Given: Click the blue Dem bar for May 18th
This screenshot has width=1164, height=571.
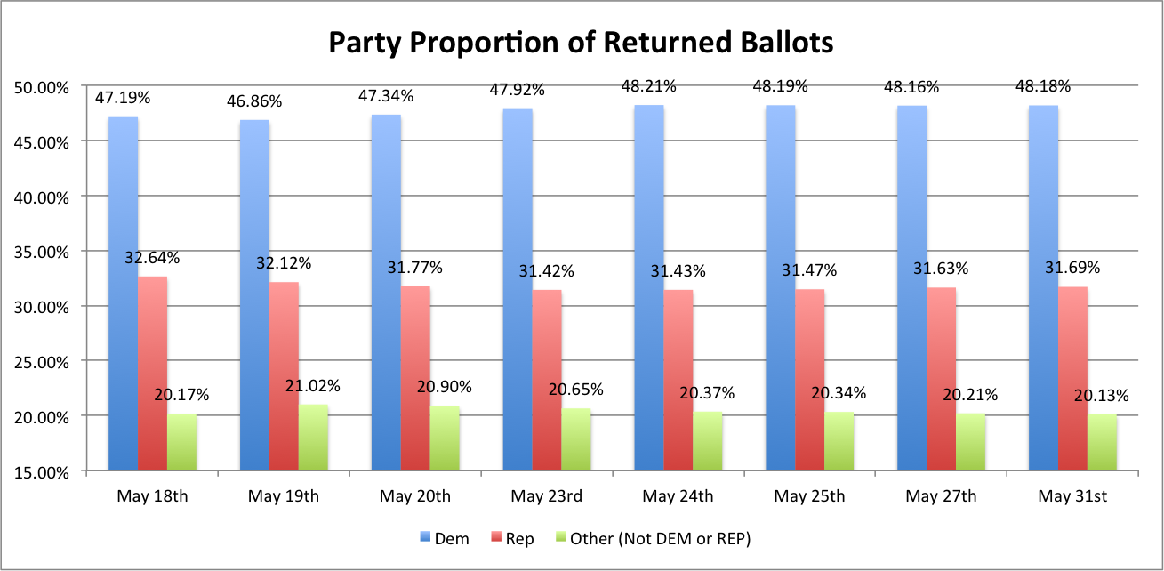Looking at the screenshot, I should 123,294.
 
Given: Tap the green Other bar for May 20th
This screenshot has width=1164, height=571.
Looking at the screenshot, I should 445,438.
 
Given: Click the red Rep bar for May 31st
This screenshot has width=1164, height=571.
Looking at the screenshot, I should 1072,378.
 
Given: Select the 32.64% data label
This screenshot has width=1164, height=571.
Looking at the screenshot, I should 153,258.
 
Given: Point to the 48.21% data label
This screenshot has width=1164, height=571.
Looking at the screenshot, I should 649,86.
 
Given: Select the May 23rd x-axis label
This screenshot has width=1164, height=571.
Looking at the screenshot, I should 547,496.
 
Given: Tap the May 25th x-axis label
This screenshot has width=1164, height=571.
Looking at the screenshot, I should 809,496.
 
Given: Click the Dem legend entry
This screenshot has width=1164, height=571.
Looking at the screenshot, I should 444,538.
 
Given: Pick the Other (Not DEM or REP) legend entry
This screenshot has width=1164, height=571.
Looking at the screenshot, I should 653,538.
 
